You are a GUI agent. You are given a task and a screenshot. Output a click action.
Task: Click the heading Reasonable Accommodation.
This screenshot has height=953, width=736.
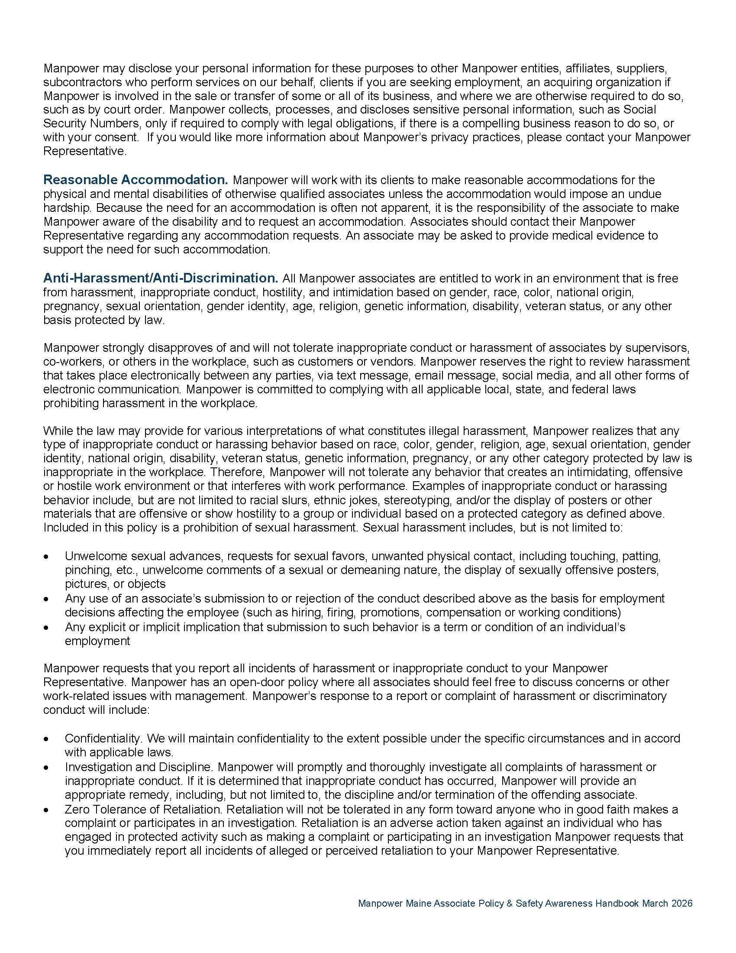tap(135, 180)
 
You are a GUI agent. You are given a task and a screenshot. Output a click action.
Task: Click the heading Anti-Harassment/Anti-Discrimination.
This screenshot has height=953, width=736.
tap(161, 278)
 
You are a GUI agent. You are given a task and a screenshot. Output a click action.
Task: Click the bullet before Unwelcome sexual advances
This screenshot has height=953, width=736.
tap(46, 557)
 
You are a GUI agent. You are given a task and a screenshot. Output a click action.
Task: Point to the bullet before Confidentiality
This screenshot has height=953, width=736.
tap(46, 739)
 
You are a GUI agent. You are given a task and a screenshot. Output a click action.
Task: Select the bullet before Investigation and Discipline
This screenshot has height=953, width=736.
tap(46, 768)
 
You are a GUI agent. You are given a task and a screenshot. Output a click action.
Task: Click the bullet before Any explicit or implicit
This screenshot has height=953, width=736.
tap(46, 628)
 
